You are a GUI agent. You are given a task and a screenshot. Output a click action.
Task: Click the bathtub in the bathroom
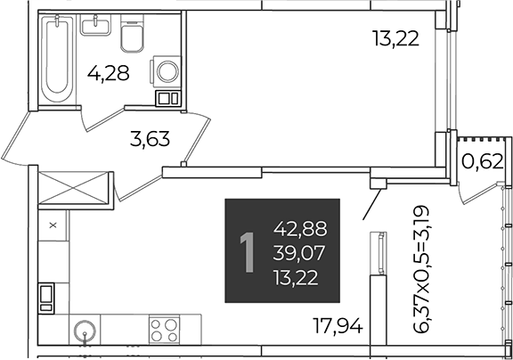click(x=58, y=58)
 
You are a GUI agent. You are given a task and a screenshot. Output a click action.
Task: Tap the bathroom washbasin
click(x=95, y=25)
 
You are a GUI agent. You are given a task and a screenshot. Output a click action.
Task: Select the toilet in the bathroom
click(x=132, y=33)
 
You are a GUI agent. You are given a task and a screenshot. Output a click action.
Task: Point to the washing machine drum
click(x=167, y=71)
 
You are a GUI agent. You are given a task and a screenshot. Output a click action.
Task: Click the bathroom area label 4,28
click(x=109, y=73)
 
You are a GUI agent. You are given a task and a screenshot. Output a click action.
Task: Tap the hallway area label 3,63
click(x=150, y=138)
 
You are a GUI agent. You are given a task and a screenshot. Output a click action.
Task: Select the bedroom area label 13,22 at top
click(x=395, y=38)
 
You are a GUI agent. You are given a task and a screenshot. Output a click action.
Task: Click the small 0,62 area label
click(x=482, y=160)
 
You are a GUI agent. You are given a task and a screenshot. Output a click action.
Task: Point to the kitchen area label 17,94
click(x=338, y=325)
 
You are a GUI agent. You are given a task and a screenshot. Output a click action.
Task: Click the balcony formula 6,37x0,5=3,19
click(x=420, y=269)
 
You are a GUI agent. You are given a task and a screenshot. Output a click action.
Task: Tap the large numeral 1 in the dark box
click(x=248, y=252)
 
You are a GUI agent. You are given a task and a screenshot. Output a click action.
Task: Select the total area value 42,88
click(x=300, y=228)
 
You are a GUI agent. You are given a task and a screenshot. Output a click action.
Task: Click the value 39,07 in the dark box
click(x=298, y=253)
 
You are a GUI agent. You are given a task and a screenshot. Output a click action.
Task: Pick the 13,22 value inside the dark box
click(x=296, y=278)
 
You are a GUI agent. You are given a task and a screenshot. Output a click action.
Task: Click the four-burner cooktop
click(x=164, y=329)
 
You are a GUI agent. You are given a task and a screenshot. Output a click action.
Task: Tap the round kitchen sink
click(x=85, y=331)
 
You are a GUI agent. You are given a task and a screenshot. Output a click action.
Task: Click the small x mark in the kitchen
click(x=53, y=225)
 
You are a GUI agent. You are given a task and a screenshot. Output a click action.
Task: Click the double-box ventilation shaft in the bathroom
click(x=168, y=98)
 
